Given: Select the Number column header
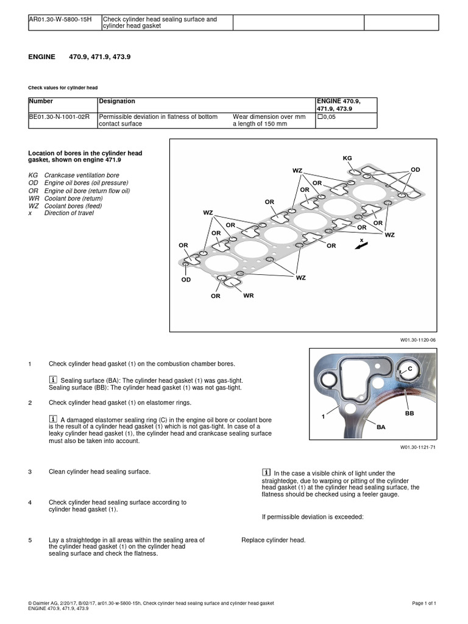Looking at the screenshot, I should (x=41, y=101).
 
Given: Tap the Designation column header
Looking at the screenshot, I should (x=117, y=101).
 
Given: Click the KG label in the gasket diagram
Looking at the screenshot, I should (x=347, y=158).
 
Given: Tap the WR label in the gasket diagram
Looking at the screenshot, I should (x=248, y=296).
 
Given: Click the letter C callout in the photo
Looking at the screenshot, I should (x=409, y=370).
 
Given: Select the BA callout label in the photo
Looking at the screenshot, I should (x=381, y=427).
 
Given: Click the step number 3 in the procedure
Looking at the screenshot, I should (x=30, y=472).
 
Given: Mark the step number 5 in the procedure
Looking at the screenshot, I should (x=30, y=540).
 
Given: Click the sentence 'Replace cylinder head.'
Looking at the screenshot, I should (x=273, y=540).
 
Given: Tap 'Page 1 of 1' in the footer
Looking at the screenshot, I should (x=425, y=603).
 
